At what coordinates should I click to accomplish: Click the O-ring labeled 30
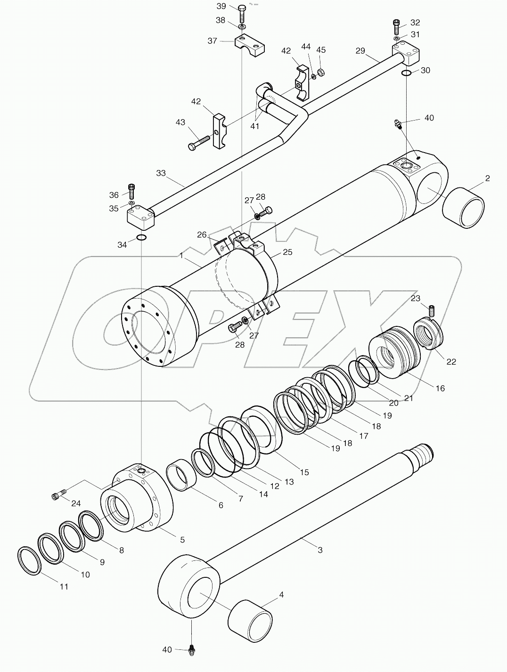(x=406, y=72)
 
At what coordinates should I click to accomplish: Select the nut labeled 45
(x=320, y=72)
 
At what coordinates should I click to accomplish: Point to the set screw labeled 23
(x=431, y=310)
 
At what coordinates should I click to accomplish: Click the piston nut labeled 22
(x=429, y=335)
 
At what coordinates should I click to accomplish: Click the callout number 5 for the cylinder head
(x=182, y=540)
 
